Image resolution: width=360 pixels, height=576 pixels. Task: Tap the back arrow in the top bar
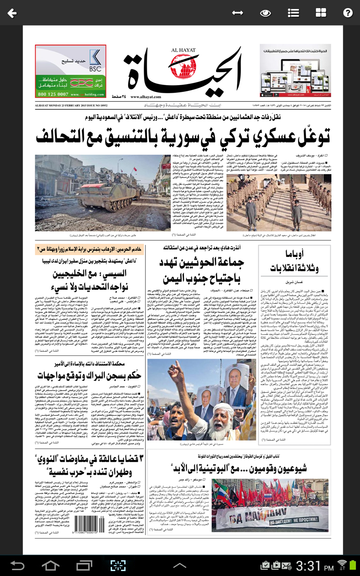tap(12, 13)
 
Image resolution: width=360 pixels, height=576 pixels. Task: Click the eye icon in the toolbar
tap(265, 13)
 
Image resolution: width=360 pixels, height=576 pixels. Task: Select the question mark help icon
tap(347, 13)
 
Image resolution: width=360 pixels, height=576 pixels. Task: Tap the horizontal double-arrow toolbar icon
tap(238, 13)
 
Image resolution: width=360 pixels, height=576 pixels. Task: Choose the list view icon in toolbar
tap(293, 13)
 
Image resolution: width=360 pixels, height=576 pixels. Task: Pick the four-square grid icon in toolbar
tap(321, 13)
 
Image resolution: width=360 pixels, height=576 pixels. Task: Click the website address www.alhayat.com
tap(146, 97)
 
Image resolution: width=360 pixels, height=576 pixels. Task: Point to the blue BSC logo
tap(95, 59)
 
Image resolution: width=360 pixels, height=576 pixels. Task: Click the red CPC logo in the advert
tap(84, 84)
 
